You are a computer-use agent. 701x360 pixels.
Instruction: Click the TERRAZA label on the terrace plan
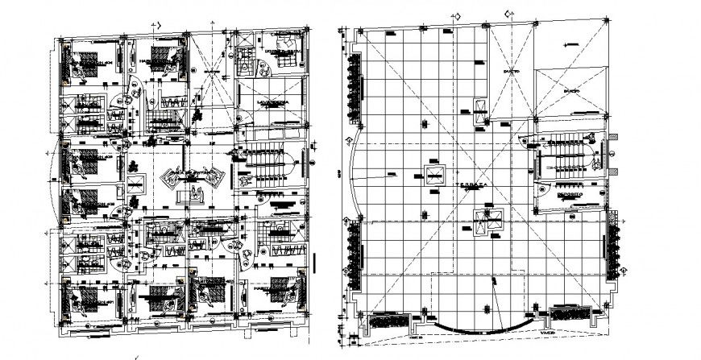[x=475, y=184]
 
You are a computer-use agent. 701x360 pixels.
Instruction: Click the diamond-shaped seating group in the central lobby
[x=190, y=176]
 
